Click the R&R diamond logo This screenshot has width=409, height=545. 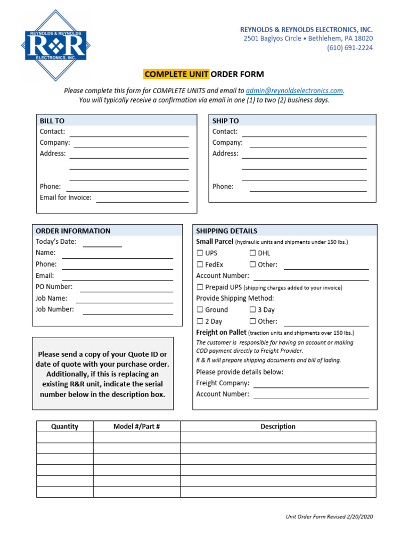point(55,45)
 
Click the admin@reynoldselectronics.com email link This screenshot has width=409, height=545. point(295,90)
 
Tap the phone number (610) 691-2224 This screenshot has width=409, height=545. point(349,48)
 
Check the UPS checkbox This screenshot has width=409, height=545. point(200,253)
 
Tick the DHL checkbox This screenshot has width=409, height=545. point(252,253)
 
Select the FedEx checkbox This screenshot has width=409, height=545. point(200,265)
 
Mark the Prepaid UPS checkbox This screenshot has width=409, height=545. point(200,287)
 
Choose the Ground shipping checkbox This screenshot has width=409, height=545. point(200,310)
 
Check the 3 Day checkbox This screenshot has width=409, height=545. point(252,310)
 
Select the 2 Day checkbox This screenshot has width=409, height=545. point(200,321)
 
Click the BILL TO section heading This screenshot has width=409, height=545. point(52,121)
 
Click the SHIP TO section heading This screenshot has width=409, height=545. point(226,121)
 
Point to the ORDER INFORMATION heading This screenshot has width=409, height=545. point(73,231)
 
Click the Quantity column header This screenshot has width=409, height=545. point(64,426)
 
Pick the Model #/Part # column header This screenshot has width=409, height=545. point(137,426)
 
